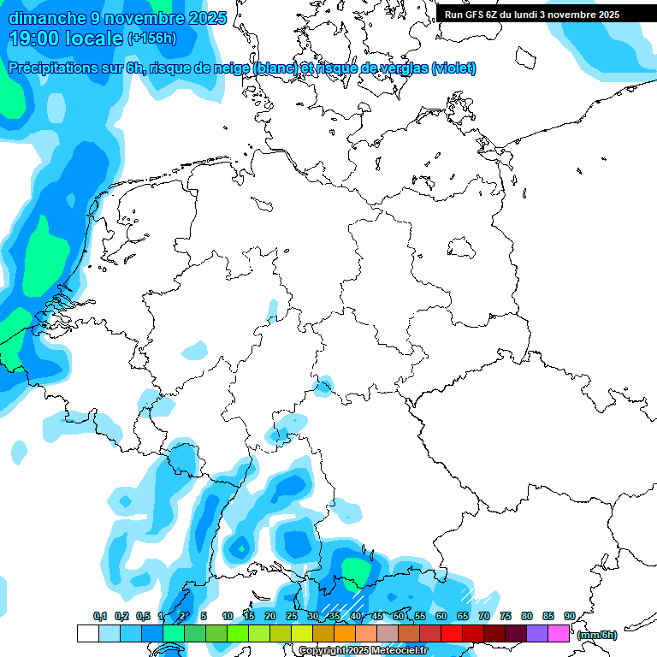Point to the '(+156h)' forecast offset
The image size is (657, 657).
[151, 38]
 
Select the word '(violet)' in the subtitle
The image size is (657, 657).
[453, 68]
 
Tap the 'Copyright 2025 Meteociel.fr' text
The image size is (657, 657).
[363, 651]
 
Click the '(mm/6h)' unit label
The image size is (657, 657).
[597, 635]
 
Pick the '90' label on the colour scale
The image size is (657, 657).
[570, 616]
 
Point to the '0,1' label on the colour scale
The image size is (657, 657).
[99, 616]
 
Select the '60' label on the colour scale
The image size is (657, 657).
[441, 616]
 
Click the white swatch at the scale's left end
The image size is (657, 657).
[87, 634]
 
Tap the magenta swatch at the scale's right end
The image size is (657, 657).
[559, 634]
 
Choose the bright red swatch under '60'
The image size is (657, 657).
[452, 634]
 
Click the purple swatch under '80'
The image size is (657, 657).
[537, 634]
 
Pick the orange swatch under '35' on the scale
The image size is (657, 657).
[345, 634]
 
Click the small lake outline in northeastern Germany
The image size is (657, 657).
[461, 248]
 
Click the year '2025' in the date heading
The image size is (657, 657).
[205, 18]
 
